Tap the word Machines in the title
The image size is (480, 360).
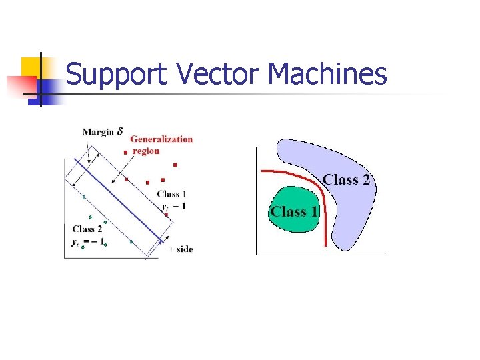point(327,74)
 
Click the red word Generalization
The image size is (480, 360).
point(161,139)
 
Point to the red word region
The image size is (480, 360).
point(146,151)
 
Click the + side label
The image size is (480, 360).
point(181,249)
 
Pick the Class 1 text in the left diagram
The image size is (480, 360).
point(172,194)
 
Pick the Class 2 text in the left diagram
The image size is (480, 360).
point(87,229)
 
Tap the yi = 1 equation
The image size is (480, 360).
point(173,206)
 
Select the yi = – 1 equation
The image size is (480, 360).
point(89,241)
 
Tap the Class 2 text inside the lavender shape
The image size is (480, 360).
point(346,180)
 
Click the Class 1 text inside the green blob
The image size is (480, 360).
point(294,212)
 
